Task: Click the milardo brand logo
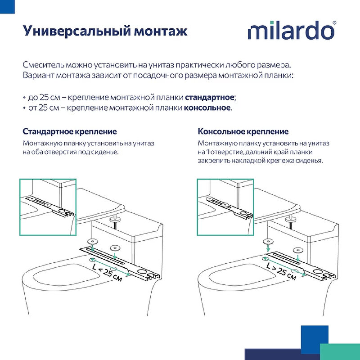click(x=291, y=31)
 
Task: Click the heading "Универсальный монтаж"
click(x=105, y=31)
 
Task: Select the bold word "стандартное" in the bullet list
click(x=210, y=97)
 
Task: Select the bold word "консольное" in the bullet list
click(x=207, y=108)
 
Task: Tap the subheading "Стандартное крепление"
click(x=70, y=131)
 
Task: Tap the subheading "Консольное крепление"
click(x=243, y=131)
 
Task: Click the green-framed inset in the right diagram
click(x=225, y=207)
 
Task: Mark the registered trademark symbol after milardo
click(x=334, y=22)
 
